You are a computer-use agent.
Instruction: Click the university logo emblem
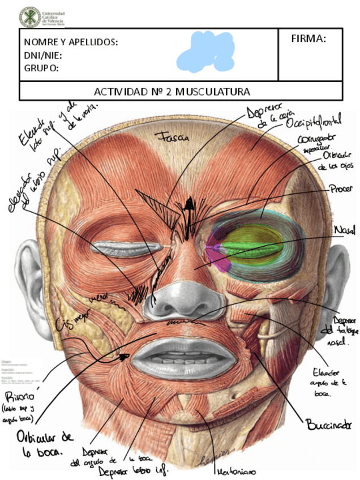tap(29, 16)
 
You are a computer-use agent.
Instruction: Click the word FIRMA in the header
tap(308, 38)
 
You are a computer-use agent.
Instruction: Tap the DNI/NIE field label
tap(43, 55)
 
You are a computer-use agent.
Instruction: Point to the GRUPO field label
tap(41, 68)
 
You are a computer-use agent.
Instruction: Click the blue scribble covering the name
tap(205, 52)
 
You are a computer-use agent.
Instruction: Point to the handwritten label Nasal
tap(345, 231)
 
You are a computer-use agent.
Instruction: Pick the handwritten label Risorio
tap(19, 397)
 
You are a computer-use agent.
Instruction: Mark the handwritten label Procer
tap(341, 190)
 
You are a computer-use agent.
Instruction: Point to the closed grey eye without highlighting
tap(121, 248)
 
